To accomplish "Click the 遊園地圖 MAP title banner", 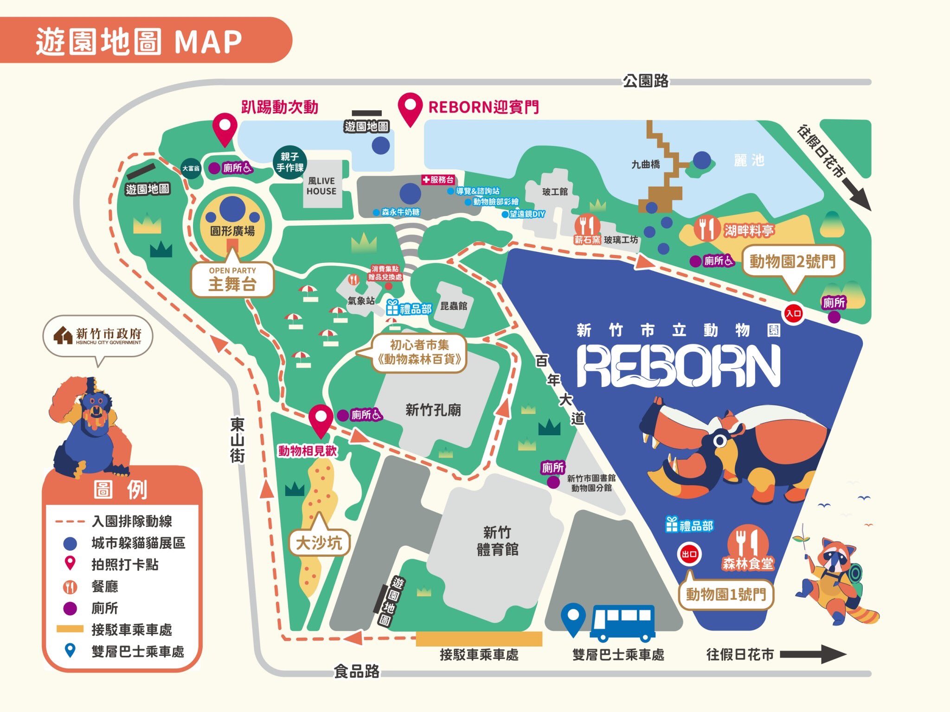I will coord(139,41).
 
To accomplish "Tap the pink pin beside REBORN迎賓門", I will coord(410,108).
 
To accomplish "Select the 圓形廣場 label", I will coord(232,231).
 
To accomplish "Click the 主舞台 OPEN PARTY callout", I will coord(232,280).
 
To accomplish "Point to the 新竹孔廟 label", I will coord(433,410).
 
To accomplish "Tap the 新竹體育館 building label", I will coord(497,540).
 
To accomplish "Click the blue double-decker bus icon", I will coord(623,621).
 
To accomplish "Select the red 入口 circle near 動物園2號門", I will coord(793,313).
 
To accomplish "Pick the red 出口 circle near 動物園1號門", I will coord(689,554).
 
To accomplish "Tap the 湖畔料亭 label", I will coord(748,230).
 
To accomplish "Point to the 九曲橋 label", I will coord(645,165).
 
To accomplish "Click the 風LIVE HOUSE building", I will coord(321,186).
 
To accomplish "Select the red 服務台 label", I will coord(438,180).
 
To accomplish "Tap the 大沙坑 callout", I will coord(319,542).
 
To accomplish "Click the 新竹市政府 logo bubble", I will coord(98,336).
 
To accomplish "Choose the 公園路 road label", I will coord(645,81).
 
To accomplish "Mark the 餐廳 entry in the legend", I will coord(104,586).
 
